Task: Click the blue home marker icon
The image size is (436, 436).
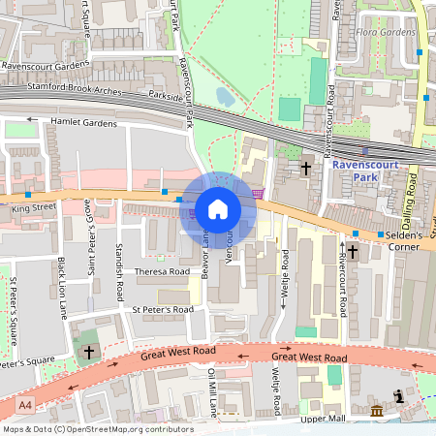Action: (x=218, y=208)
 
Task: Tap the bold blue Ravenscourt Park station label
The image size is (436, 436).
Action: (x=366, y=171)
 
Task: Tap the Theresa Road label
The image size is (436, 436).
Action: (x=162, y=272)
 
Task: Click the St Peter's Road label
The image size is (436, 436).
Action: (x=162, y=309)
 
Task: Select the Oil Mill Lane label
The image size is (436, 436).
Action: (x=212, y=391)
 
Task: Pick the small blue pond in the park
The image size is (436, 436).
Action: (x=225, y=96)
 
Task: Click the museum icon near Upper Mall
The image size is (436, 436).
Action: (x=376, y=412)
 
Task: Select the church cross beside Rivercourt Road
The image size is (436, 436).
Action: (x=352, y=252)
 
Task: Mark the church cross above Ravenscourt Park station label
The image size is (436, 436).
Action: (x=306, y=168)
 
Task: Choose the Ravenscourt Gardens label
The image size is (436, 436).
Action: (x=45, y=67)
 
